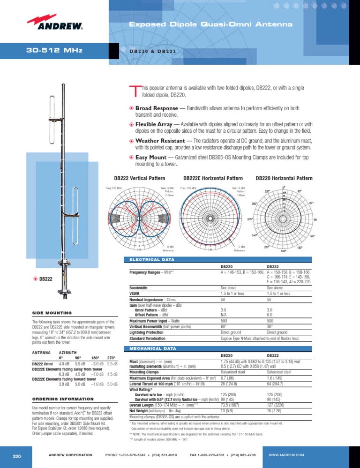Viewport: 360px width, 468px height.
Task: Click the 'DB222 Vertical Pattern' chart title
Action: tap(139, 178)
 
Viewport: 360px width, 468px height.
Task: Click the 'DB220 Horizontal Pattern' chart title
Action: tap(284, 178)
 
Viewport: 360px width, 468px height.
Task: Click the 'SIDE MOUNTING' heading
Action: tap(52, 312)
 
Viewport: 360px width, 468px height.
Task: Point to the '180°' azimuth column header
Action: tap(95, 357)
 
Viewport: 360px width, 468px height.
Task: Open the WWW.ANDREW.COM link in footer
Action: tap(286, 455)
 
